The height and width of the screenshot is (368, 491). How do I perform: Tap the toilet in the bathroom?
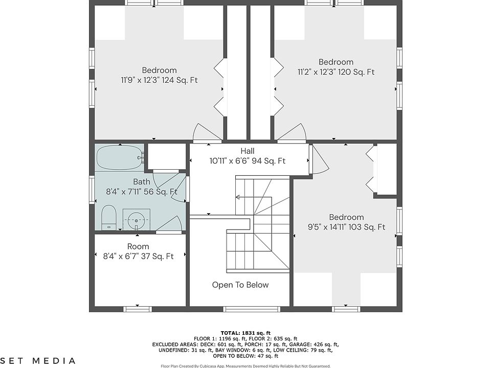[x=108, y=217]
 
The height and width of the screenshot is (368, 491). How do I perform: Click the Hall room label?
[x=248, y=151]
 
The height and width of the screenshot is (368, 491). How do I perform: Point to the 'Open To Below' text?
[x=240, y=285]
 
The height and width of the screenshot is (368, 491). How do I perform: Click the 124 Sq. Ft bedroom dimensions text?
[x=159, y=80]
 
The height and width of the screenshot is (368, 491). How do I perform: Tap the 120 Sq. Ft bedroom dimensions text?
[x=336, y=72]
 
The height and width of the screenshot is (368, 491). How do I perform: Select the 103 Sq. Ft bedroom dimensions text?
[x=346, y=227]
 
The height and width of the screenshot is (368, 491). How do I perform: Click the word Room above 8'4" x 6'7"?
[x=138, y=246]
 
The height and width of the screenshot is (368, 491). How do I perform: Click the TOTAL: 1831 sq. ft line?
[x=245, y=333]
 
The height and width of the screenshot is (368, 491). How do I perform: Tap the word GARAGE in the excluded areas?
[x=300, y=344]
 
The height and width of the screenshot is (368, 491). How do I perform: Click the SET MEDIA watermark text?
[x=37, y=361]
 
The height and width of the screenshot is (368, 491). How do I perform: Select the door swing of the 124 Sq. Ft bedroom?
[x=204, y=131]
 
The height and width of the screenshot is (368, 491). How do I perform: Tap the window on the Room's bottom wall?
[x=138, y=309]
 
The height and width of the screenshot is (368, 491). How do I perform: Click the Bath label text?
[x=142, y=181]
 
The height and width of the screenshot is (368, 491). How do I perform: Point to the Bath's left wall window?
[x=92, y=190]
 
